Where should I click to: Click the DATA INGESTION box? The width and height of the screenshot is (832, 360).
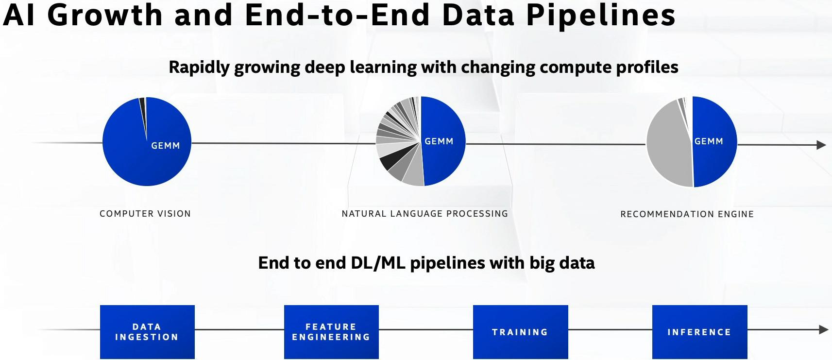point(147,332)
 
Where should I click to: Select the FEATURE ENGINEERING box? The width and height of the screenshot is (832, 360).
point(331,332)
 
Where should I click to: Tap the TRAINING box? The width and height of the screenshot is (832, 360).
point(520,332)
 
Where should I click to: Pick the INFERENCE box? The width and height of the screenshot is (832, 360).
point(699,332)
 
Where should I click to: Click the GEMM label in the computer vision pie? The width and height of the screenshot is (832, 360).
point(166,146)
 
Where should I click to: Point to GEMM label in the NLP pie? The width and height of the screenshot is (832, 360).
point(439,141)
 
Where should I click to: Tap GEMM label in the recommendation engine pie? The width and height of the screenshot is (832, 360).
point(709,141)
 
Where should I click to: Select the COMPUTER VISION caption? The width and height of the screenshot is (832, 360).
point(145,214)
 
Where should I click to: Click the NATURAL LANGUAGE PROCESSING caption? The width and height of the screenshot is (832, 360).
point(425,214)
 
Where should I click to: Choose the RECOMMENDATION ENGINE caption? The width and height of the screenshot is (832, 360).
point(687,214)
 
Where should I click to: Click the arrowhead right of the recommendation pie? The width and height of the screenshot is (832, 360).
point(821,145)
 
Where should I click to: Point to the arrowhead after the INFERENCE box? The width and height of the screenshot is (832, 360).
point(823,330)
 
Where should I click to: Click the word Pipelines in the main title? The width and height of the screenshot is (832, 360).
point(601,15)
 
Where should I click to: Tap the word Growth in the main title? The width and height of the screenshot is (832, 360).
point(105,15)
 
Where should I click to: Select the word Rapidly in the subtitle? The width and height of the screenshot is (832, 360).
point(199,67)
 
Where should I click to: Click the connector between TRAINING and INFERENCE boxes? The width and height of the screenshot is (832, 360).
point(610,330)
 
